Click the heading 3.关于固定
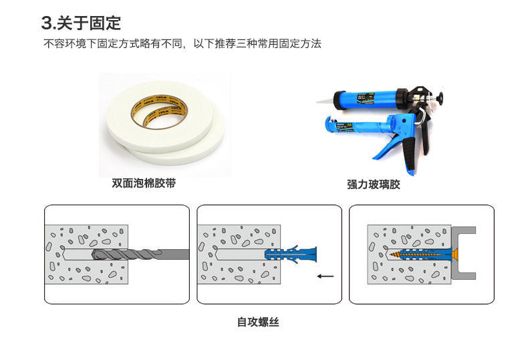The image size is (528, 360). [x=81, y=23]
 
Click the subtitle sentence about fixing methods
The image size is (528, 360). [x=182, y=43]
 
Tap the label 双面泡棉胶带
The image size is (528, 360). [x=144, y=183]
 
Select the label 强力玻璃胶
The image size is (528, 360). [x=374, y=184]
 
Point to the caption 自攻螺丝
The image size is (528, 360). [x=258, y=322]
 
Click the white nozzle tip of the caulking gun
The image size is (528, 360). [x=325, y=101]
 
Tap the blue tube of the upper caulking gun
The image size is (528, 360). [x=366, y=100]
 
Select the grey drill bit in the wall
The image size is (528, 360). [x=140, y=254]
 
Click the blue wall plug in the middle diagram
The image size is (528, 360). [x=291, y=254]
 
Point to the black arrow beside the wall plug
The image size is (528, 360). [x=325, y=277]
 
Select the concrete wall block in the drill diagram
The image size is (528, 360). [x=86, y=254]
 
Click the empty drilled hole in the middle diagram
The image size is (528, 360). [x=240, y=254]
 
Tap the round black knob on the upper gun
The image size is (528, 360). [x=441, y=98]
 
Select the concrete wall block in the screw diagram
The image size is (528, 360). [x=409, y=254]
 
